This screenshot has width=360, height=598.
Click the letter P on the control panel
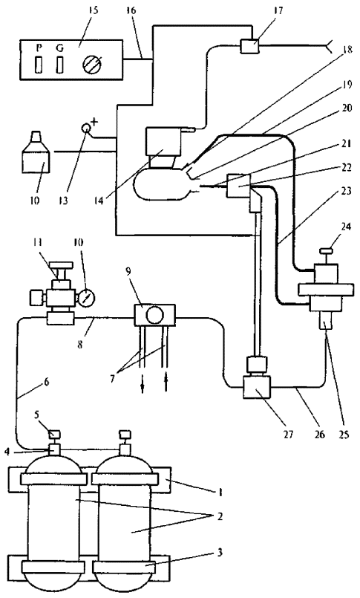(39, 48)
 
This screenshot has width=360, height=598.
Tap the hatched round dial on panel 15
(93, 62)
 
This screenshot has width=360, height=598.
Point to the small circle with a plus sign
(87, 128)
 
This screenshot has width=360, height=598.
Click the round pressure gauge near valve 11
(87, 296)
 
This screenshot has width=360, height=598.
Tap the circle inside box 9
(155, 316)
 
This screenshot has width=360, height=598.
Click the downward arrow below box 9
(142, 386)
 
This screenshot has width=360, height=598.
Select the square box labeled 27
(257, 387)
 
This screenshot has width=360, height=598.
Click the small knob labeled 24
(326, 251)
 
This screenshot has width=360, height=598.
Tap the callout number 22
(347, 167)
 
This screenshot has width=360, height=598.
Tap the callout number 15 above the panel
(93, 10)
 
